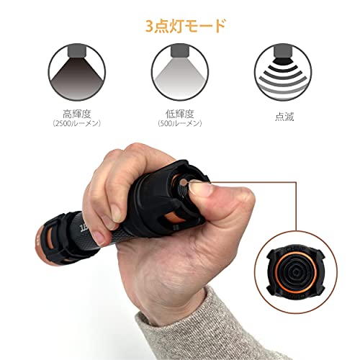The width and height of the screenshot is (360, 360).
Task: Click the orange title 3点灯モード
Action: [185, 26]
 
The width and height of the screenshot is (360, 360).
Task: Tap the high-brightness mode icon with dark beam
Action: [77, 72]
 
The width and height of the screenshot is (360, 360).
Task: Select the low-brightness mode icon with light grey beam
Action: [180, 72]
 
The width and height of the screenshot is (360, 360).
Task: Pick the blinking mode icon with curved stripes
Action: [283, 72]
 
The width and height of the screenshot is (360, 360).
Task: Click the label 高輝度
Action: [77, 114]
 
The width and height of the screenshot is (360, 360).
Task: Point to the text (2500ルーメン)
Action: [77, 123]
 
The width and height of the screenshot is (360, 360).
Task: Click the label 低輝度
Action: [180, 114]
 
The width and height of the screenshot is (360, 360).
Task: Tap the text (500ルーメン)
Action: [180, 123]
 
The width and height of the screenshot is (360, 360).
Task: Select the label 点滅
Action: [284, 117]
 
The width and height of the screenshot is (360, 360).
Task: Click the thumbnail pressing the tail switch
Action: [200, 189]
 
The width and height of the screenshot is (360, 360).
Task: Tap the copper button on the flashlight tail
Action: [184, 182]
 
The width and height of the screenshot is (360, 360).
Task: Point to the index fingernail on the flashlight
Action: [116, 213]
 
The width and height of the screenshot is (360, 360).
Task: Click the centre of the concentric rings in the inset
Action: [296, 272]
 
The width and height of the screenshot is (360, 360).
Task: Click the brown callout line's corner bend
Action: [296, 182]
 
